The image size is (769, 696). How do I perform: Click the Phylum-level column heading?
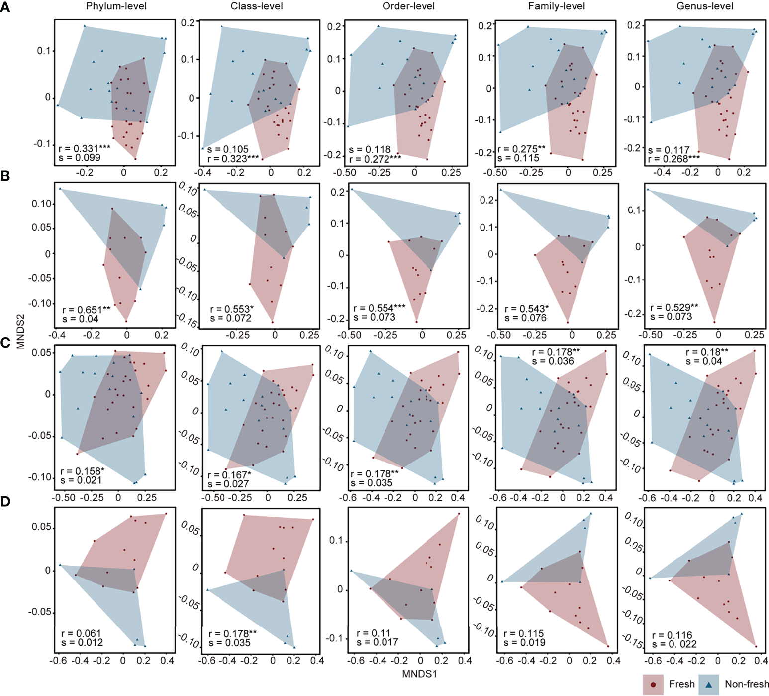click(116, 6)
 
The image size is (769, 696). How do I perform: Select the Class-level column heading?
click(257, 6)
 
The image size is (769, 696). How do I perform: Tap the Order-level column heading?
click(408, 6)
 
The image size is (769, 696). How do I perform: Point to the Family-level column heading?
click(557, 6)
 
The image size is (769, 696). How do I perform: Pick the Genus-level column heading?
click(705, 6)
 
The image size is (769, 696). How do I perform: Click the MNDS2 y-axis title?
click(20, 331)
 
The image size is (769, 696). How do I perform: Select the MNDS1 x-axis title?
click(419, 674)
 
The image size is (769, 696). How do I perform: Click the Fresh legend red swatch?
click(653, 685)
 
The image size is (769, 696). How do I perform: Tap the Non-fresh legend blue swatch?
click(709, 685)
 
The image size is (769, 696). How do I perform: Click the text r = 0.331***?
click(85, 148)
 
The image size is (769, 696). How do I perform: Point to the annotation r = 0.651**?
click(87, 310)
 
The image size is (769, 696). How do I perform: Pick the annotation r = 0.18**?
click(707, 352)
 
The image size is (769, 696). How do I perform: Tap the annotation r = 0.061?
click(81, 633)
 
